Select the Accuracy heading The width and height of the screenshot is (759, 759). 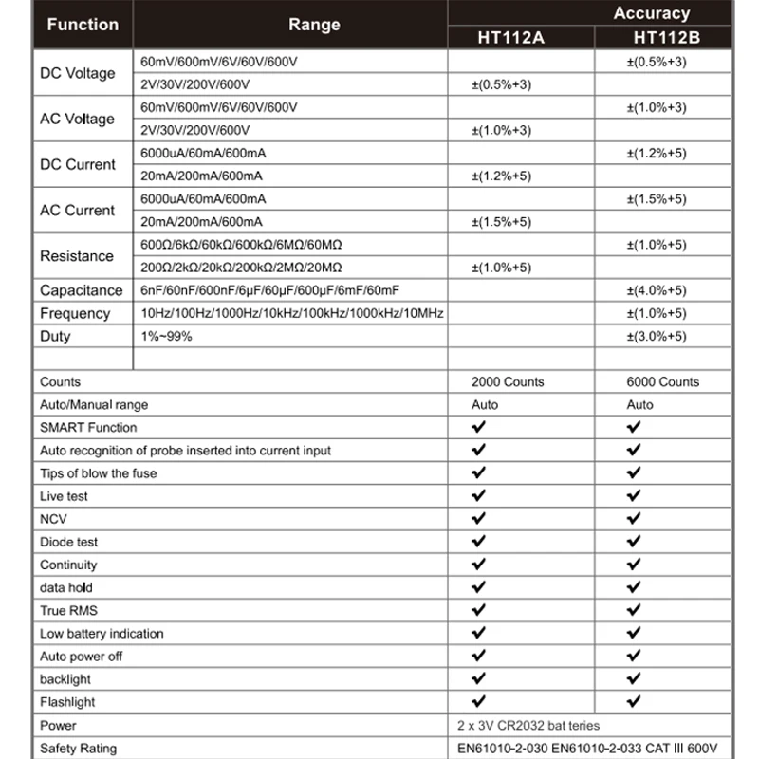(652, 13)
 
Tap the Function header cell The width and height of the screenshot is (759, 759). (83, 25)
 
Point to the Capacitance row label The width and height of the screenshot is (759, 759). (82, 290)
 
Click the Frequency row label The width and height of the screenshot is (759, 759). (75, 313)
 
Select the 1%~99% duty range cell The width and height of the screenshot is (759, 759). (160, 336)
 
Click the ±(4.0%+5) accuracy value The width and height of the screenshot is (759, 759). (656, 290)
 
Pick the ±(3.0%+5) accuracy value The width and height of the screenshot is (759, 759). (656, 336)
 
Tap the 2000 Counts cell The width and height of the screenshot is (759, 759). (509, 381)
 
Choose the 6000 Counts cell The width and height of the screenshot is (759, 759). (662, 381)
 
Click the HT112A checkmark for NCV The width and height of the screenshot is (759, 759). (478, 519)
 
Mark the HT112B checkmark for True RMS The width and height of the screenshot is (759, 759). (634, 610)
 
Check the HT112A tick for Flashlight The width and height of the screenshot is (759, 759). (478, 702)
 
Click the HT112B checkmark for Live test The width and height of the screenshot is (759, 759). (634, 496)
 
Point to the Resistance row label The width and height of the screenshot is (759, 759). (77, 256)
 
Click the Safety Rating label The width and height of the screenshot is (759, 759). (79, 749)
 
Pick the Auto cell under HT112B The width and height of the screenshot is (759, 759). (640, 404)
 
